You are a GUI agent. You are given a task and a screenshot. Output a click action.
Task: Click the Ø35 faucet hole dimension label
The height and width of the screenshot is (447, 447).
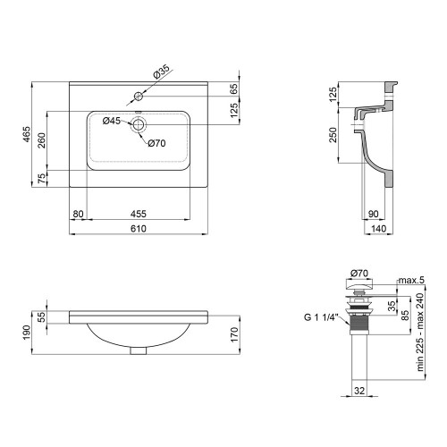(161, 72)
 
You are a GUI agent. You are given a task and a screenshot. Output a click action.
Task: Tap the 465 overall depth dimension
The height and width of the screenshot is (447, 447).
(27, 134)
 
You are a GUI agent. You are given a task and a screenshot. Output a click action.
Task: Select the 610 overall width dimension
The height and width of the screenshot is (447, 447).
(139, 229)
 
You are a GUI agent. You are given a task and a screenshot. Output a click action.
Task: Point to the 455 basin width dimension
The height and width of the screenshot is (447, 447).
(139, 214)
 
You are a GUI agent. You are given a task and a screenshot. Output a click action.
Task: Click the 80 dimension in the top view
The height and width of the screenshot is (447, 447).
(78, 214)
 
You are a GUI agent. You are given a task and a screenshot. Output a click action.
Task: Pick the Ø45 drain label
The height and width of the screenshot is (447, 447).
(112, 121)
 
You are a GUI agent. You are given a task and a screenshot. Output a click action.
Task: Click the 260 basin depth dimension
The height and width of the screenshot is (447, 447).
(42, 140)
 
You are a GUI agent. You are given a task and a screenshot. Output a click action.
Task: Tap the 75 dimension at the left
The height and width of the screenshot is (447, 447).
(42, 179)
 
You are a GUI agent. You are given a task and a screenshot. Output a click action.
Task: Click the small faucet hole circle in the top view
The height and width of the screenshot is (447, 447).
(138, 97)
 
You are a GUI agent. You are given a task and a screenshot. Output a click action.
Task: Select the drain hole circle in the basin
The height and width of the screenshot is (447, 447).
(139, 124)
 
